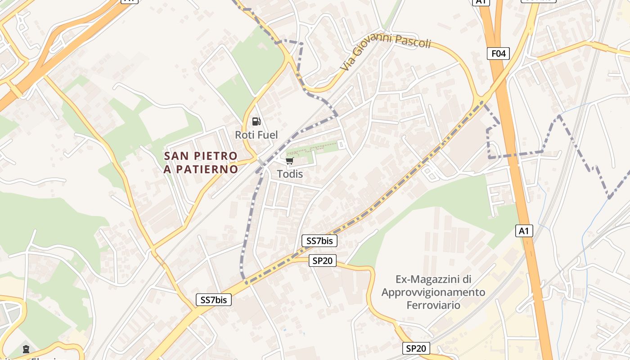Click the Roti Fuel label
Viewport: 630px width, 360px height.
pyautogui.click(x=256, y=135)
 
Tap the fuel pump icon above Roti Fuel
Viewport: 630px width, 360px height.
pyautogui.click(x=256, y=121)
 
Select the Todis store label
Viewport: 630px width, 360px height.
pyautogui.click(x=290, y=174)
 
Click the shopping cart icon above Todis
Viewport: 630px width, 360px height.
pyautogui.click(x=290, y=161)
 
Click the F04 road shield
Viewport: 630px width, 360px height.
pyautogui.click(x=498, y=54)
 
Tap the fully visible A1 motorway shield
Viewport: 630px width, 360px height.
pyautogui.click(x=523, y=231)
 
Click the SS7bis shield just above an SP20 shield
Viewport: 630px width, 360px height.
pyautogui.click(x=319, y=241)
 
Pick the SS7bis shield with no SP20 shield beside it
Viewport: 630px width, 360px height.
pyautogui.click(x=214, y=300)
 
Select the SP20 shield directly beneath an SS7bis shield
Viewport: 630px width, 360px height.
pyautogui.click(x=323, y=261)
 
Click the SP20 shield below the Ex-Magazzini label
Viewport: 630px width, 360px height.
pyautogui.click(x=416, y=348)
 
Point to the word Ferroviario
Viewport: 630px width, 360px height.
pyautogui.click(x=433, y=305)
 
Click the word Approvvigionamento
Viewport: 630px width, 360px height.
pyautogui.click(x=433, y=292)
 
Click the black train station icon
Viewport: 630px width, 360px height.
pyautogui.click(x=26, y=349)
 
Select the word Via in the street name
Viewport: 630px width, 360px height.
pyautogui.click(x=345, y=65)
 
